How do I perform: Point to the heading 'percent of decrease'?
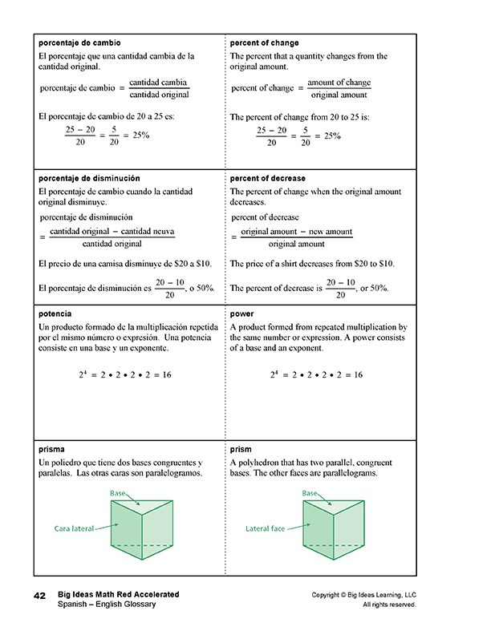[x=267, y=178]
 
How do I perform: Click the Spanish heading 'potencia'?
[x=55, y=314]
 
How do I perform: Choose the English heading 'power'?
[x=241, y=314]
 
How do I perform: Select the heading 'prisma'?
[x=51, y=450]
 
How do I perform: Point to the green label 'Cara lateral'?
[x=74, y=528]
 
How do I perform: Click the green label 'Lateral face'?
[x=265, y=528]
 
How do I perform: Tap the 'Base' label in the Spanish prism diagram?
[x=117, y=493]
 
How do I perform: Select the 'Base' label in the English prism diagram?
[x=310, y=493]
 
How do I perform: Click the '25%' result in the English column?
[x=332, y=135]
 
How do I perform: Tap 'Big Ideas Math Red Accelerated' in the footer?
[x=118, y=594]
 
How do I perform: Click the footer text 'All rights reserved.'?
[x=389, y=605]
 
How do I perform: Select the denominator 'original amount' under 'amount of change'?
[x=339, y=95]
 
